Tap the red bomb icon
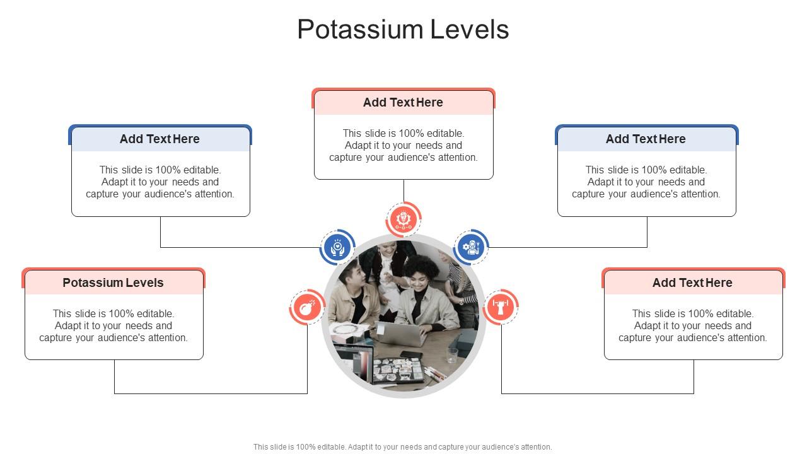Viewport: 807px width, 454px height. pyautogui.click(x=307, y=308)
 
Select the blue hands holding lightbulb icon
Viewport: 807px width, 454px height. pyautogui.click(x=337, y=247)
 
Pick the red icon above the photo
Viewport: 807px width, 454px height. pyautogui.click(x=403, y=219)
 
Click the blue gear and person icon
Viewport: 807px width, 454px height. pyautogui.click(x=471, y=247)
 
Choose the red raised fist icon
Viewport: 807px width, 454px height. pyautogui.click(x=501, y=308)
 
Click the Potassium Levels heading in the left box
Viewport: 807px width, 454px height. pyautogui.click(x=113, y=283)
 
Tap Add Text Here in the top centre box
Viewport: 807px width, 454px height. pyautogui.click(x=403, y=103)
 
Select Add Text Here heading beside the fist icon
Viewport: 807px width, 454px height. pyautogui.click(x=692, y=283)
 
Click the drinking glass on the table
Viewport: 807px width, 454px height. pyautogui.click(x=452, y=355)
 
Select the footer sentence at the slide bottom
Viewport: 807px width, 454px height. pyautogui.click(x=403, y=447)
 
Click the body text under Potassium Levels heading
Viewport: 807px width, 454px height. pyautogui.click(x=113, y=326)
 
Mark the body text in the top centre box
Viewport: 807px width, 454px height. pyautogui.click(x=403, y=146)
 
